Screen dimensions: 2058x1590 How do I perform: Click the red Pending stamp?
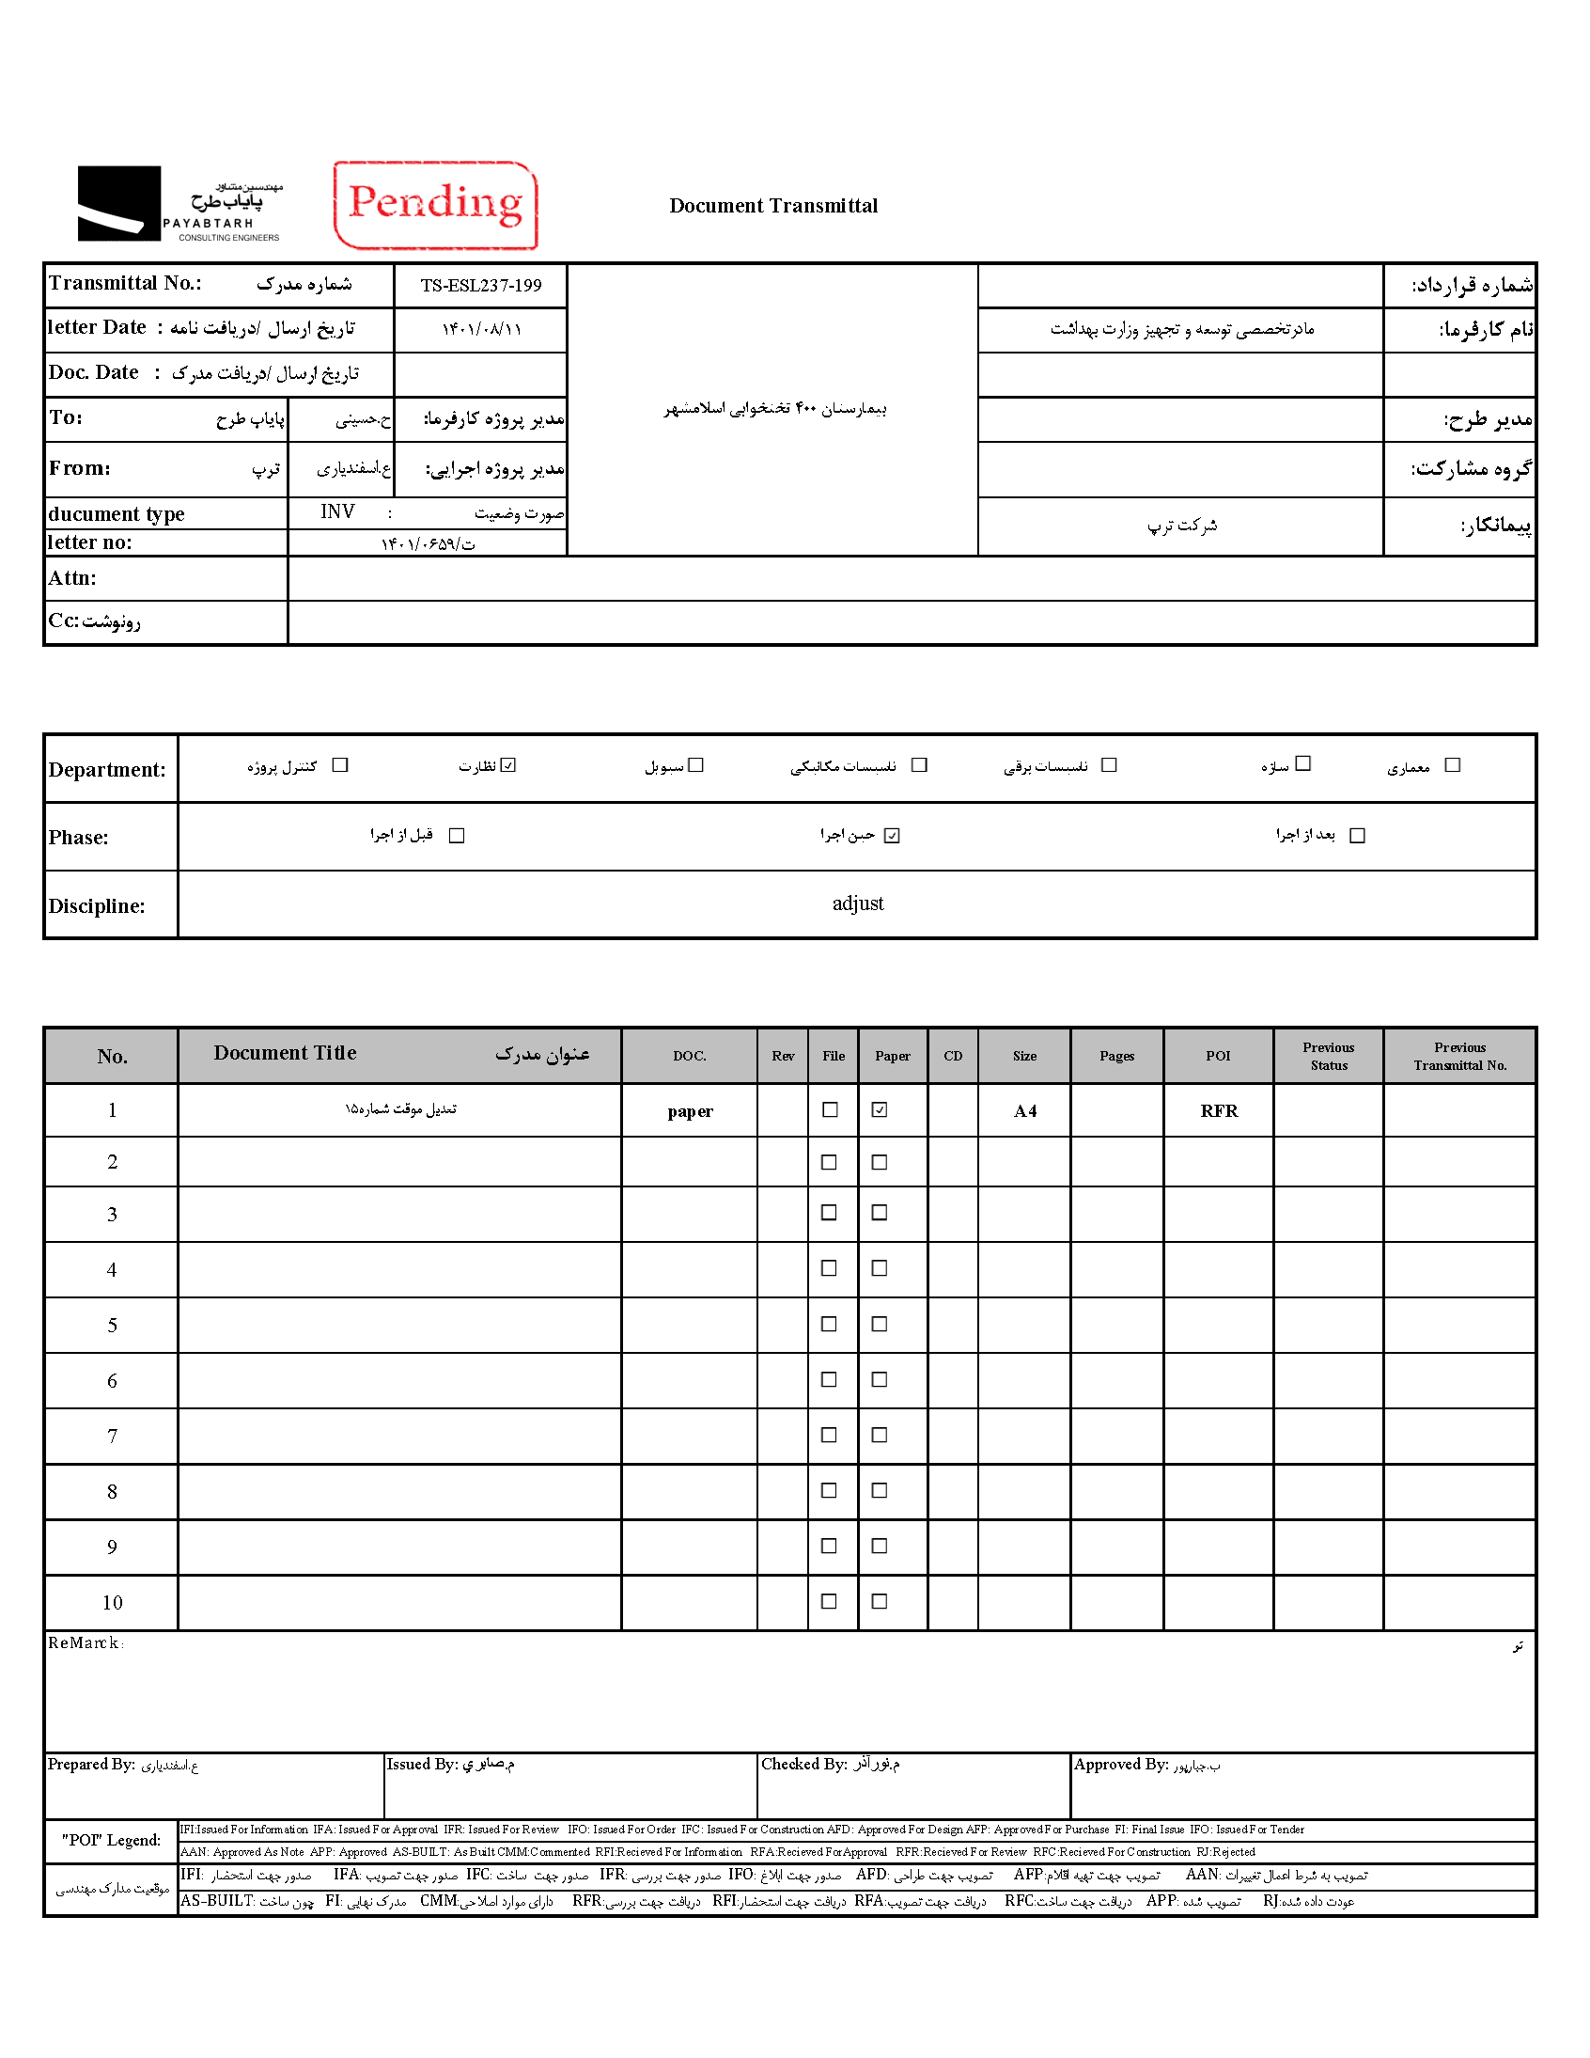coord(435,204)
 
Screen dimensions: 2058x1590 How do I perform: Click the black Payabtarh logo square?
coord(118,203)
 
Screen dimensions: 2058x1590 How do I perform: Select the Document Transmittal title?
coord(772,205)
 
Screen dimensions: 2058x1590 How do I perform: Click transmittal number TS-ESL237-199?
coord(480,286)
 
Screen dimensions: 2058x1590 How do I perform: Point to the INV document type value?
coord(336,511)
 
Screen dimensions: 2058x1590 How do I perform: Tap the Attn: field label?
coord(72,577)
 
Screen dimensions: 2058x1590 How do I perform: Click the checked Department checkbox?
coord(508,765)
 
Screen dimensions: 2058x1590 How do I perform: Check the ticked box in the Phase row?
coord(892,836)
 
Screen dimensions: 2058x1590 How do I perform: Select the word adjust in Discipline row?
coord(857,903)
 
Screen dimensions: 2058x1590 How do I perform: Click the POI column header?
coord(1218,1056)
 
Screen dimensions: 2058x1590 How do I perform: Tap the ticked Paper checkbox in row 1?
coord(879,1110)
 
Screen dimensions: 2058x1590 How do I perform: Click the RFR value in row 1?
coord(1218,1111)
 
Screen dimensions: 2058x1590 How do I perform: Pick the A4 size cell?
coord(1025,1111)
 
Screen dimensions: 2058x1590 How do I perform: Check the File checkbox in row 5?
coord(829,1324)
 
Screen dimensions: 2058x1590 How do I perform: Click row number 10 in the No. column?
coord(112,1602)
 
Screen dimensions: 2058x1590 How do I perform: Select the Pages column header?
coord(1116,1056)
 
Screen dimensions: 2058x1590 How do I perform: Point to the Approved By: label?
coord(1121,1764)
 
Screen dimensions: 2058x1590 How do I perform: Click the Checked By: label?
coord(803,1764)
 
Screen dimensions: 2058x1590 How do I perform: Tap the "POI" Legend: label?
coord(111,1839)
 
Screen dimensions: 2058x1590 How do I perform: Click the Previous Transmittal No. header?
coord(1459,1056)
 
